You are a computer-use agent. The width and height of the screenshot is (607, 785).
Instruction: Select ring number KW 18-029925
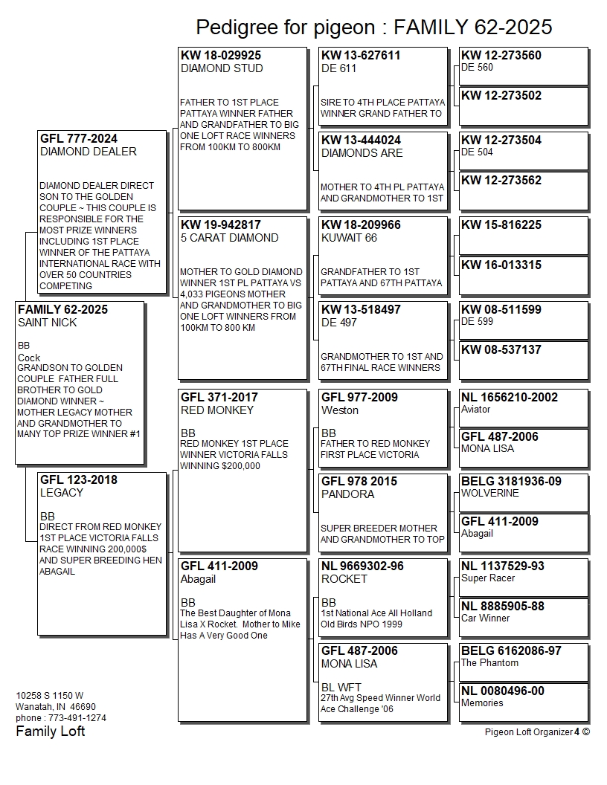coord(221,56)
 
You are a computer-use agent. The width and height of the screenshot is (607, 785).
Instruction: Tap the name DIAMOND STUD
coord(222,68)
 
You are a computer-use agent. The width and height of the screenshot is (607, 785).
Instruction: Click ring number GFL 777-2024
coord(79,139)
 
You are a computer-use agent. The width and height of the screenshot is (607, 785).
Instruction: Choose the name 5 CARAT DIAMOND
coord(229,238)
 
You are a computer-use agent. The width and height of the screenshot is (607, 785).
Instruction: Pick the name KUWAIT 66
coord(349,238)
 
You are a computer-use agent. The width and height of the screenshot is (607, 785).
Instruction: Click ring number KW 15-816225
coord(501,225)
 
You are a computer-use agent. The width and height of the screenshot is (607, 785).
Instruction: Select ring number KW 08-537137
coord(501,350)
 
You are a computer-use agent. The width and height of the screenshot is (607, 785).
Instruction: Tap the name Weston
coord(340,410)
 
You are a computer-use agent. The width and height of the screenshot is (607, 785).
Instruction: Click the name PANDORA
coord(347,494)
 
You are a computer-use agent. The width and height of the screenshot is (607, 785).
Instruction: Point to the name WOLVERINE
coord(490,493)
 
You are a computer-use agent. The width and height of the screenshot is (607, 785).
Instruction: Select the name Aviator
coord(476,410)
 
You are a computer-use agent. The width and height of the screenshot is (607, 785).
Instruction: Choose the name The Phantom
coord(489,663)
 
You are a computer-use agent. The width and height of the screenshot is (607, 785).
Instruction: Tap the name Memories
coord(482,703)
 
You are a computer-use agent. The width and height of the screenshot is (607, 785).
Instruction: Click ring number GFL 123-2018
coord(79,480)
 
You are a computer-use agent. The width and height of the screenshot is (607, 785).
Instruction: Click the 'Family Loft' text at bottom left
coord(51,731)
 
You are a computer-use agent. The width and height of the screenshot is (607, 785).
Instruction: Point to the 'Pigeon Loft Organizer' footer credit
coord(527,731)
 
